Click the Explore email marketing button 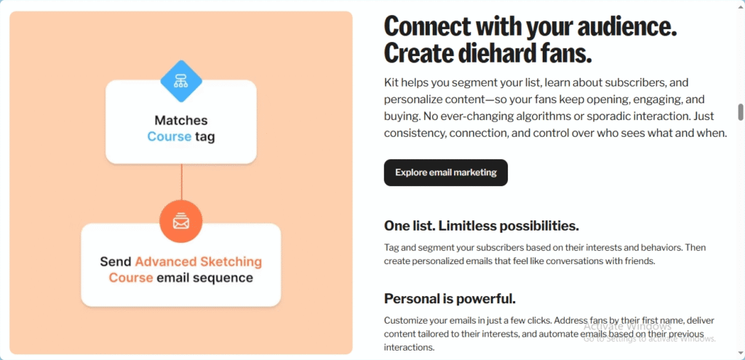446,172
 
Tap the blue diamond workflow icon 181,81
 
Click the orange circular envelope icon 181,221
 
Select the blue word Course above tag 169,137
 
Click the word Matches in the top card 181,120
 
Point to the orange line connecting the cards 181,182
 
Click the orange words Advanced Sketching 199,262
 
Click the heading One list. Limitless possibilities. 482,226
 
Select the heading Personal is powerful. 450,299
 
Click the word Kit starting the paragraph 391,83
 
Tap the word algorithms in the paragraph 503,116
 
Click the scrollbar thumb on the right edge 740,112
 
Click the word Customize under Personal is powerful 404,320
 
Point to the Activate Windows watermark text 627,327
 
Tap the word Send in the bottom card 116,262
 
